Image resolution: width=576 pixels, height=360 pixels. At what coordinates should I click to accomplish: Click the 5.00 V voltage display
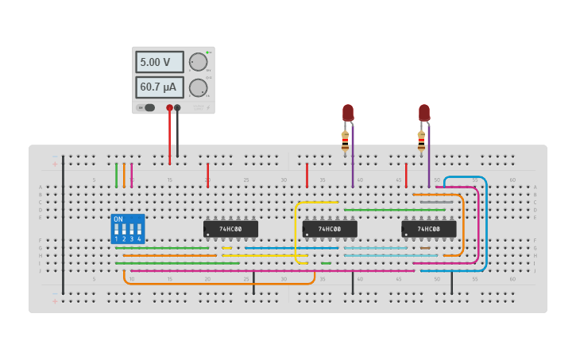point(159,62)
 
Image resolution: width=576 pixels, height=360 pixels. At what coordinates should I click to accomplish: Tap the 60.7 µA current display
point(159,87)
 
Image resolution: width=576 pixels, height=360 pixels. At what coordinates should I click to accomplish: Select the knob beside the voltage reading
point(198,62)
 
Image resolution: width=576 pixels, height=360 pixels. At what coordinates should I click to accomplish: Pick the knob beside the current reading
point(198,87)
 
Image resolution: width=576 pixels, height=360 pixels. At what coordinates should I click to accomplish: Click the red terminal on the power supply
point(169,107)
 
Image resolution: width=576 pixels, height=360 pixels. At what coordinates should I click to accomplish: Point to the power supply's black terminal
point(177,107)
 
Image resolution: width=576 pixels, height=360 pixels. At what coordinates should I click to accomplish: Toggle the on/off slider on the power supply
point(149,107)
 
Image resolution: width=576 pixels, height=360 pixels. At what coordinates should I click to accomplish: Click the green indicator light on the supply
point(208,53)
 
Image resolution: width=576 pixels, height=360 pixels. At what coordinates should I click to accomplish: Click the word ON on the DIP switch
point(118,219)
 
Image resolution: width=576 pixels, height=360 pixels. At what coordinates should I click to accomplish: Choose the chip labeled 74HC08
point(429,229)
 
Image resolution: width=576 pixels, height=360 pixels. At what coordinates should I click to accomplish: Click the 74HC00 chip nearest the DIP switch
point(230,229)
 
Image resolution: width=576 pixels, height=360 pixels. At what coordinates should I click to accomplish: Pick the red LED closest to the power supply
point(348,112)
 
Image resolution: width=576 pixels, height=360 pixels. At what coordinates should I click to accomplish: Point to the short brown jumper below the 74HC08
point(425,248)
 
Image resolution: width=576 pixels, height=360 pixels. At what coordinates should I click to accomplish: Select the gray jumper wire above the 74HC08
point(436,202)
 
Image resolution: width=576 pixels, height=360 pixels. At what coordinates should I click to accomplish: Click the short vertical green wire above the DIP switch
point(116,175)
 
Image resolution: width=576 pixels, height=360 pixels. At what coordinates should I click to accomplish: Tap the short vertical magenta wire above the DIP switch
point(132,175)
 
